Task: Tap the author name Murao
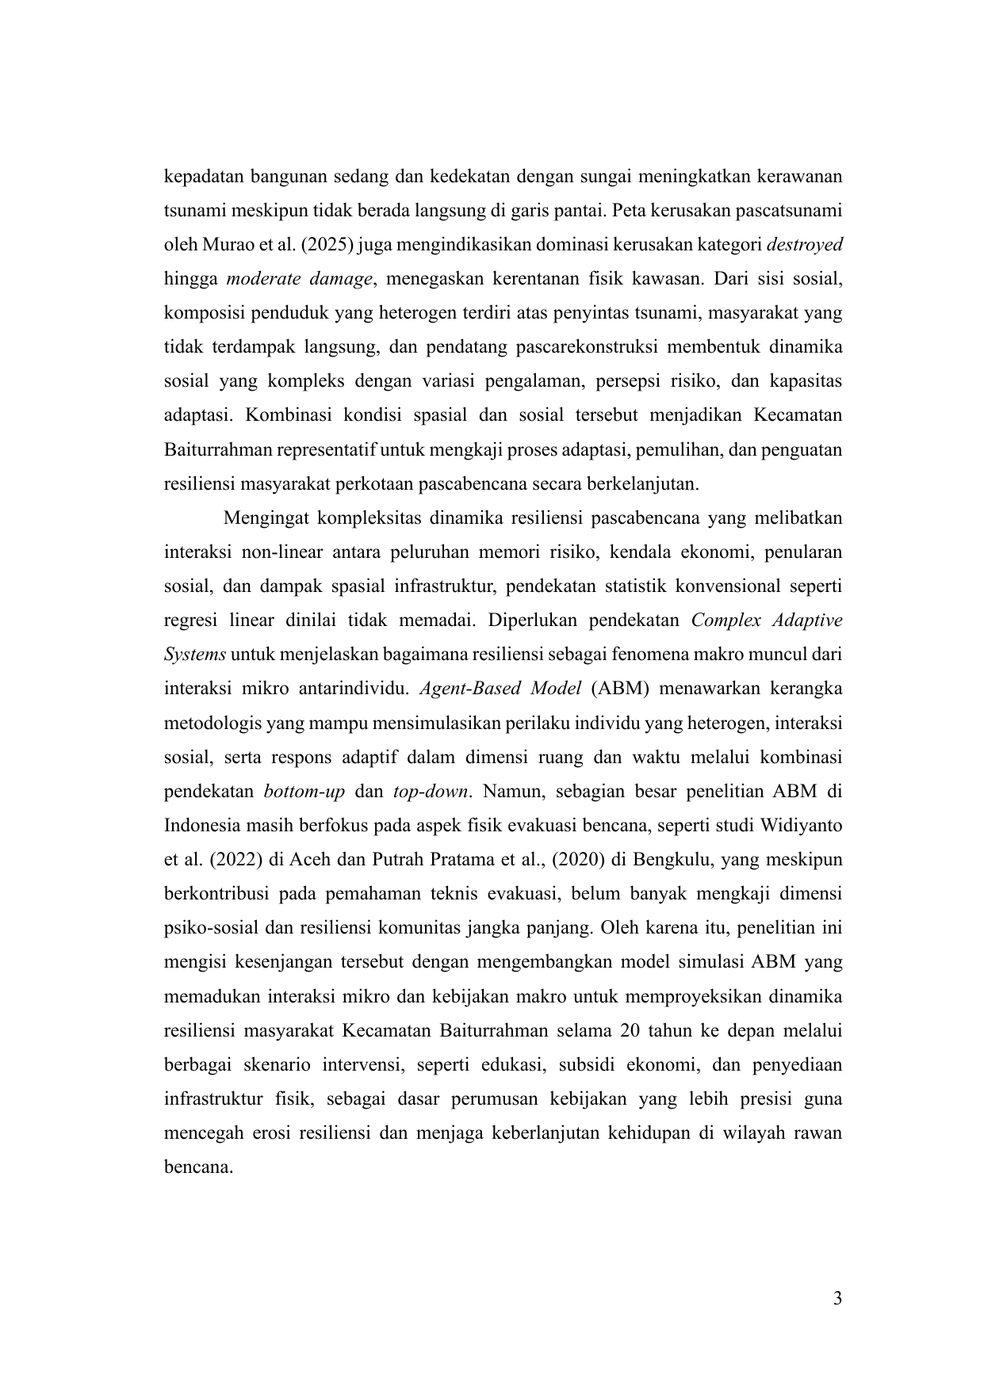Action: (216, 246)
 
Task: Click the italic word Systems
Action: (195, 655)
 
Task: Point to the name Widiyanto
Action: (801, 825)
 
